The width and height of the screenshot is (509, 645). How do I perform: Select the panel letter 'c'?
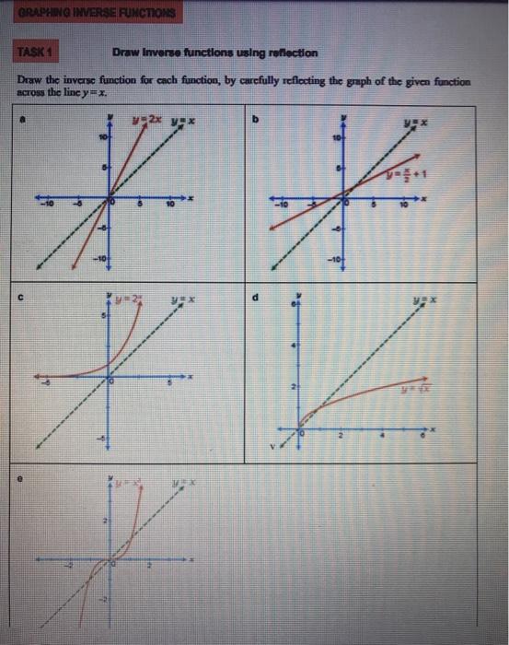coord(31,296)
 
